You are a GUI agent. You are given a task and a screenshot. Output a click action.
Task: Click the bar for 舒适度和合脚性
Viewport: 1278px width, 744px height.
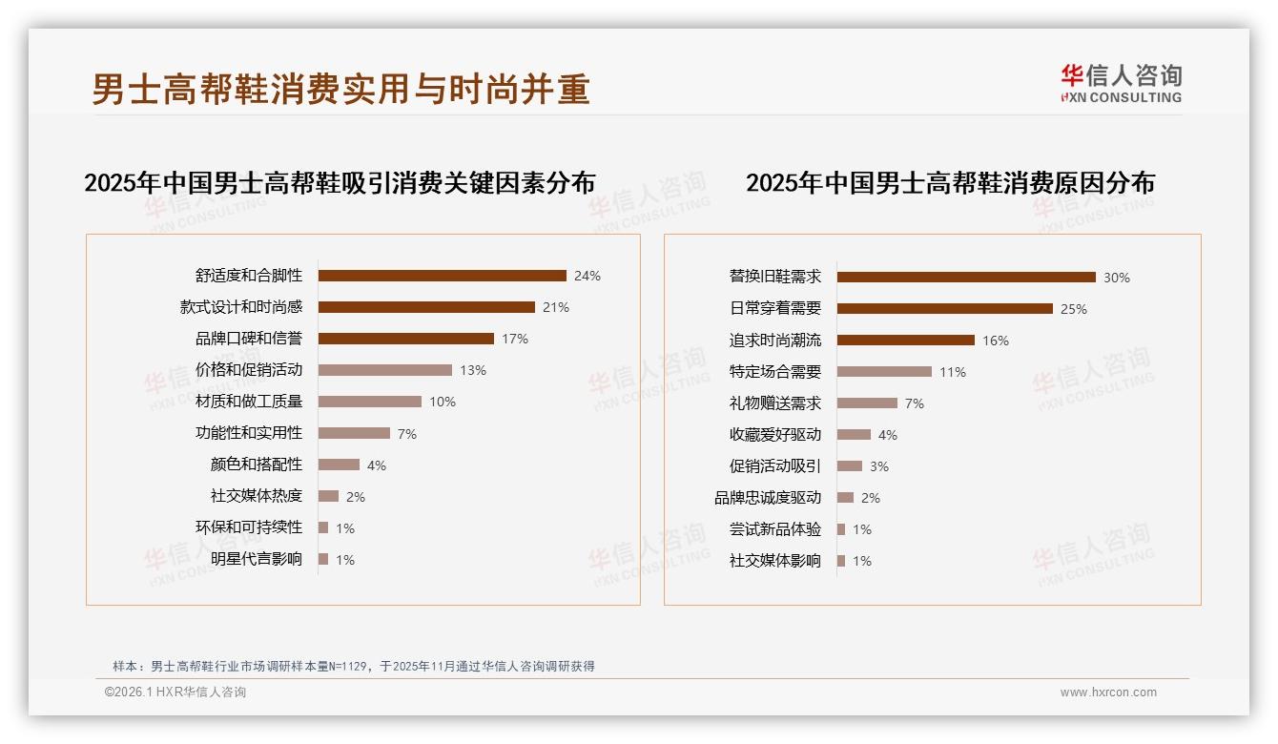point(442,276)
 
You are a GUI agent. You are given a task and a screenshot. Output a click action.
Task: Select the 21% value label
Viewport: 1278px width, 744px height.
point(556,307)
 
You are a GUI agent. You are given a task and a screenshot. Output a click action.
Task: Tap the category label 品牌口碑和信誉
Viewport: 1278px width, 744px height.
point(248,339)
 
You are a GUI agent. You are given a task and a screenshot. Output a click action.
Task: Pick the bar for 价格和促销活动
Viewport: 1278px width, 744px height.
point(384,370)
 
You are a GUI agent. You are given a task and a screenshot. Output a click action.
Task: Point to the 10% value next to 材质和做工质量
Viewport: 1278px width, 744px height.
point(442,402)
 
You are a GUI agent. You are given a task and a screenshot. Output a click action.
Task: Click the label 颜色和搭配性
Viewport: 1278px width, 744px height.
point(256,465)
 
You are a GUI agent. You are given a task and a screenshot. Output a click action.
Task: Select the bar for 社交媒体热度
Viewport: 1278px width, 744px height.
point(328,496)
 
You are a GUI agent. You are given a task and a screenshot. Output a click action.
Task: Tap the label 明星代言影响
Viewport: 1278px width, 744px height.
point(256,559)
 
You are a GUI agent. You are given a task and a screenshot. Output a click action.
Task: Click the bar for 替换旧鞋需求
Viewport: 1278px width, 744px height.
point(966,278)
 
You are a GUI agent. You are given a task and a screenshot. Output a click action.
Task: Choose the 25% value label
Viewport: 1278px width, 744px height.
point(1073,309)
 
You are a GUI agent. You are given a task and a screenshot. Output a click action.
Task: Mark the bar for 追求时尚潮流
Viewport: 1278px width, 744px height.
point(905,341)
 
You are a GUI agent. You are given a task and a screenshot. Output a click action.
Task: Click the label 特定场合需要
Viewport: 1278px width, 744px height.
point(774,372)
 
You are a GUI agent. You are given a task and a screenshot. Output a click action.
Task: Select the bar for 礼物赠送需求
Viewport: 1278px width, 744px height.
point(867,403)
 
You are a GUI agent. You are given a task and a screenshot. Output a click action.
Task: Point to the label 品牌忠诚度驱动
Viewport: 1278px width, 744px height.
point(767,498)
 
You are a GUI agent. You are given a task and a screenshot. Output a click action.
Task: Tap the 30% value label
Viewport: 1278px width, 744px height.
point(1116,278)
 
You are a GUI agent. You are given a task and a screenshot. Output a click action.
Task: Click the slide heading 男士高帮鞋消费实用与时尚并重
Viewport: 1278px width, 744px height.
point(340,89)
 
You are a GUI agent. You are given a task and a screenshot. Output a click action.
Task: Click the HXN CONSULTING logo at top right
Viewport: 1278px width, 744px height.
point(1121,84)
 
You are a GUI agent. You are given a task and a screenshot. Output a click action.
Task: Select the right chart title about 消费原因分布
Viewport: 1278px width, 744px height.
point(950,182)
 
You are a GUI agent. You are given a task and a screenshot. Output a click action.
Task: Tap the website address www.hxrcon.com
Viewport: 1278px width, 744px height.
point(1107,692)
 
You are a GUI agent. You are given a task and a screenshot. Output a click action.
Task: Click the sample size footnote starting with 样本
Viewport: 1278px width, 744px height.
point(353,666)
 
